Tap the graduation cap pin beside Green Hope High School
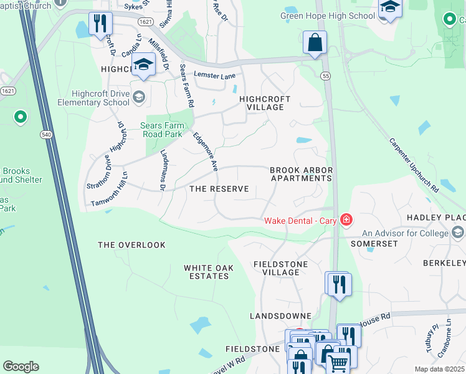click(389, 8)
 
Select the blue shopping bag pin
click(315, 43)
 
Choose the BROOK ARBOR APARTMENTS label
click(301, 174)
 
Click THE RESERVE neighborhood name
click(219, 189)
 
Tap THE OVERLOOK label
click(132, 245)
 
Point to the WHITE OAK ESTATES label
click(209, 272)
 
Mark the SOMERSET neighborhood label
click(374, 243)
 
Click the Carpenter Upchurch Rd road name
click(414, 165)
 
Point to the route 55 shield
click(325, 75)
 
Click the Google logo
click(21, 367)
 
